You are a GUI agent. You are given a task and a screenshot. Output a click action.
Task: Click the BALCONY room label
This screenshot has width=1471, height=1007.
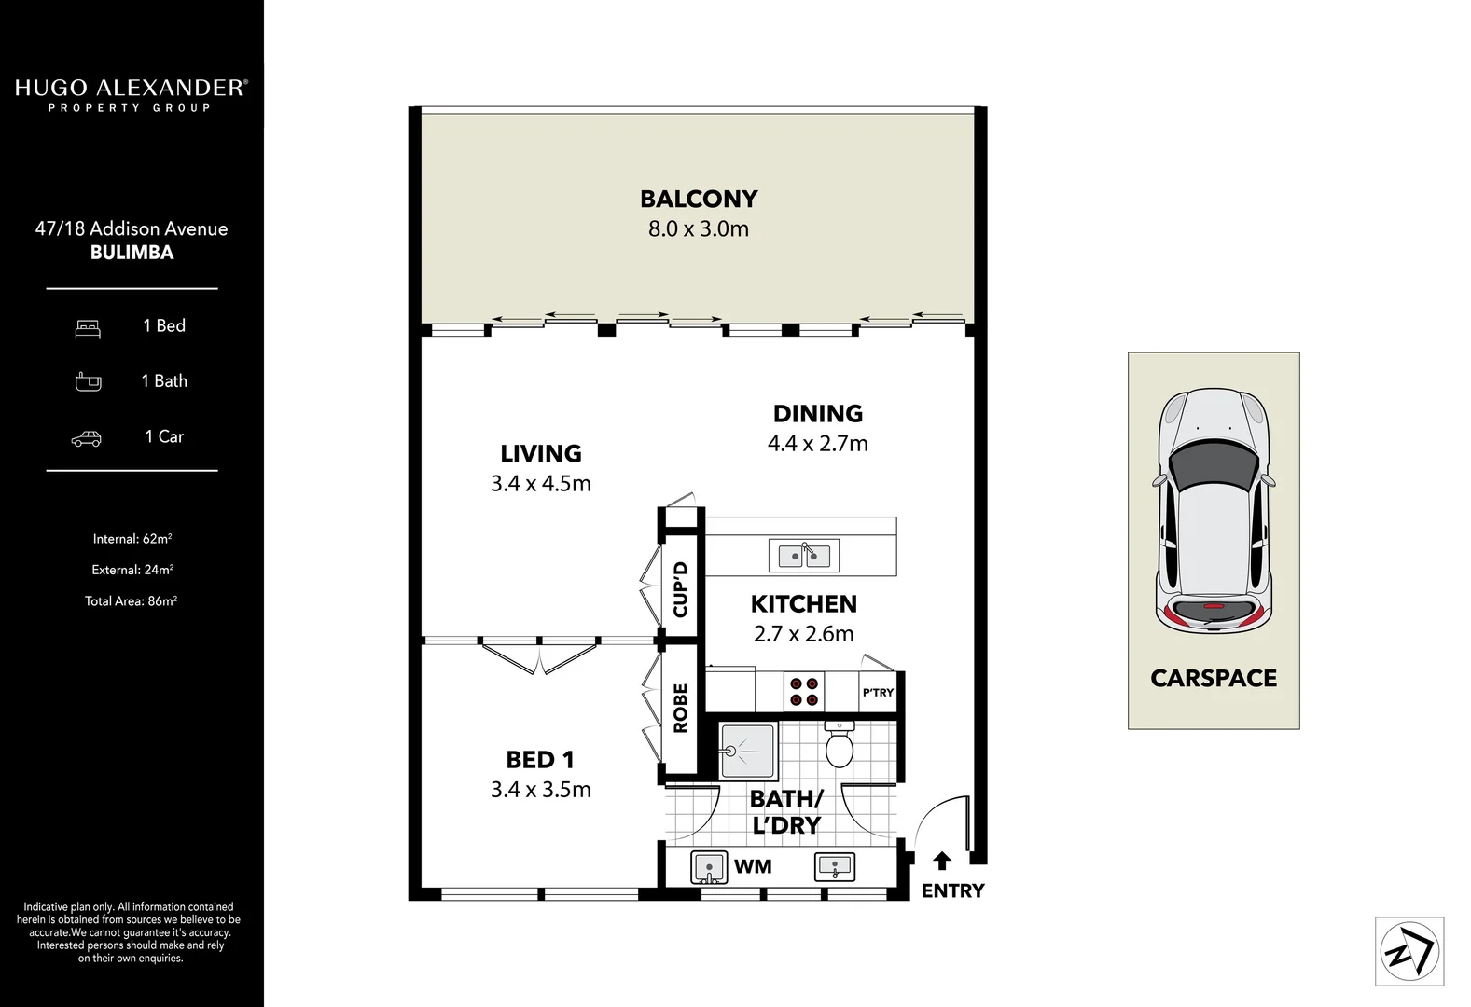(699, 199)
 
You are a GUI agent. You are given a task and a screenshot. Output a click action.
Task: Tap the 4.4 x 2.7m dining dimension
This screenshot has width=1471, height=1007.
(817, 444)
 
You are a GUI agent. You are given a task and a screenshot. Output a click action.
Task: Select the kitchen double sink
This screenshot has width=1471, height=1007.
(804, 556)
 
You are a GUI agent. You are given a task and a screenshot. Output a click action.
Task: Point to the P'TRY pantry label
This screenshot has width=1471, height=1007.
(878, 693)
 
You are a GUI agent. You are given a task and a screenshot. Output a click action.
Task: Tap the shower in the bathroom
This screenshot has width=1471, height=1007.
(748, 751)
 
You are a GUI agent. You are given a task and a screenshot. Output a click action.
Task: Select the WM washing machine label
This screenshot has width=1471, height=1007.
(753, 866)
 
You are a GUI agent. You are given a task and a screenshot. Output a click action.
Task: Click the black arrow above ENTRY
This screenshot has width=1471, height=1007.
(941, 861)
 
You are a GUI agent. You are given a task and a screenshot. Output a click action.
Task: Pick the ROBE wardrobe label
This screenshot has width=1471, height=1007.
(680, 708)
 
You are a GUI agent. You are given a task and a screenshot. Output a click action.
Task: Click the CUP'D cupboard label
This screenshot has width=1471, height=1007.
(680, 588)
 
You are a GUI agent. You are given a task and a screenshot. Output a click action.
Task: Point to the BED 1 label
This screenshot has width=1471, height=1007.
(540, 760)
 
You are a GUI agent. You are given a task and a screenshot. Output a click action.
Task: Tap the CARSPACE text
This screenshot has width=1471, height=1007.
(1214, 678)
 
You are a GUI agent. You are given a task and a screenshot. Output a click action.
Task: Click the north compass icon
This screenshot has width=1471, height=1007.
(1409, 951)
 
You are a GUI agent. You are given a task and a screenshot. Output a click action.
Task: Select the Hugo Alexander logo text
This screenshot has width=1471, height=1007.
(131, 89)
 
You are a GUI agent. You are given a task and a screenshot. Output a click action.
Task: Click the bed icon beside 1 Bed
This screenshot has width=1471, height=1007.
(88, 328)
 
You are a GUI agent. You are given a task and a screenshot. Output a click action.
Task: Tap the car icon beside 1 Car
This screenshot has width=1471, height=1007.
(87, 438)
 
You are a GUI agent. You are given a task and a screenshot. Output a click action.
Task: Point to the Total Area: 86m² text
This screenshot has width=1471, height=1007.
(131, 601)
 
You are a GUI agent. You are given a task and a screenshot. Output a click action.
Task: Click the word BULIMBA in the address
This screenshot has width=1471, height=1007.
(132, 253)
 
